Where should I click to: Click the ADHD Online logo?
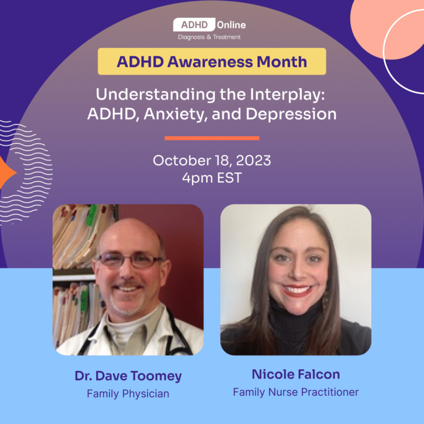pyautogui.click(x=210, y=29)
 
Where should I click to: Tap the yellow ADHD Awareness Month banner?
pyautogui.click(x=212, y=61)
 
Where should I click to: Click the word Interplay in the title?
pyautogui.click(x=287, y=95)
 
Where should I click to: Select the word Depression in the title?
pyautogui.click(x=291, y=114)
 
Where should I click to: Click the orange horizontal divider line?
pyautogui.click(x=212, y=138)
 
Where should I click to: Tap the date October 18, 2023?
pyautogui.click(x=212, y=161)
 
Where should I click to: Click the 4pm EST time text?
pyautogui.click(x=212, y=178)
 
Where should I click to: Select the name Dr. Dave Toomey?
pyautogui.click(x=128, y=376)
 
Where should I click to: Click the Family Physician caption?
pyautogui.click(x=128, y=394)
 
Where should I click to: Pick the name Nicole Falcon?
pyautogui.click(x=296, y=374)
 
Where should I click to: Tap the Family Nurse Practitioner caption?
pyautogui.click(x=296, y=392)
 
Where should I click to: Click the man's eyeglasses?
pyautogui.click(x=130, y=261)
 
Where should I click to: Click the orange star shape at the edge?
pyautogui.click(x=6, y=172)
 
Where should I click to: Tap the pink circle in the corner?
pyautogui.click(x=387, y=28)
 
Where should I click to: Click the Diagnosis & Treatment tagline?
pyautogui.click(x=209, y=37)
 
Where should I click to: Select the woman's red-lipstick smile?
pyautogui.click(x=297, y=290)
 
